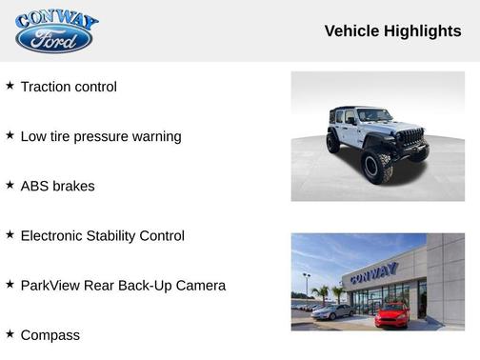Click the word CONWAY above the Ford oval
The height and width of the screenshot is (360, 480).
pos(56,19)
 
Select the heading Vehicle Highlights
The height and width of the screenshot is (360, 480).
pos(392,30)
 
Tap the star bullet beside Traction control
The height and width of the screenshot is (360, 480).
pos(10,86)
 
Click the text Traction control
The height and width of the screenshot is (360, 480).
pos(69,87)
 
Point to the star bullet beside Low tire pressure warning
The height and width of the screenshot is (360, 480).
pos(10,135)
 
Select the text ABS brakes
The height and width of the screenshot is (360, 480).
pos(57,186)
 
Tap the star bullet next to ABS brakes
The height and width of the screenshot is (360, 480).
pos(10,185)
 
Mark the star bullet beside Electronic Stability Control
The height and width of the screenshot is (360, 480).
pos(10,234)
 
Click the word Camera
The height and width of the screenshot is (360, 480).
pos(201,285)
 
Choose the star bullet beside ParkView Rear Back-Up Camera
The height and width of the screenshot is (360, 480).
pos(10,284)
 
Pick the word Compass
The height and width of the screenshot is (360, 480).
pos(50,335)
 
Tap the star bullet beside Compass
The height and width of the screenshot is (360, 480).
pos(10,333)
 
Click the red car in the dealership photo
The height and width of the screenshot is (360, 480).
pos(390,315)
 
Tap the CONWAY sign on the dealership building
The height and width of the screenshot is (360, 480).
pos(373,273)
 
